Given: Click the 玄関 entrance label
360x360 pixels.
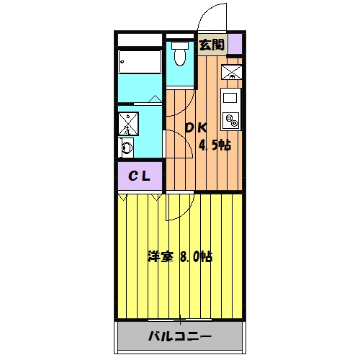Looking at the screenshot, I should (x=211, y=45).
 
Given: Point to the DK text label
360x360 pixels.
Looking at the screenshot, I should (x=196, y=128).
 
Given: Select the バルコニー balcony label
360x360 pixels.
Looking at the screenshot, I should (x=180, y=336).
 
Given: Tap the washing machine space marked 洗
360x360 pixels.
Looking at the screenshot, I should (x=129, y=124).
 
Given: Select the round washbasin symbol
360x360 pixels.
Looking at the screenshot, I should (x=127, y=148).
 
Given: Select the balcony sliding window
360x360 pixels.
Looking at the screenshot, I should (x=179, y=319).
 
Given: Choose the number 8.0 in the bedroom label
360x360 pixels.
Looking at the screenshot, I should (x=189, y=256).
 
